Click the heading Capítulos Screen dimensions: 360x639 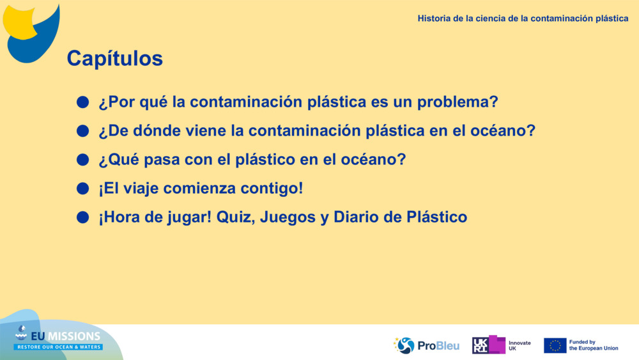tap(114, 59)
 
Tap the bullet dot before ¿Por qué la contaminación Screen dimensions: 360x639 tap(82, 102)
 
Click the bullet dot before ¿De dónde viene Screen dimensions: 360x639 tap(82, 131)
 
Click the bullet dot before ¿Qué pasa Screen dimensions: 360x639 tap(82, 160)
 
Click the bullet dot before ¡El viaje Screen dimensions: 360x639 tap(82, 189)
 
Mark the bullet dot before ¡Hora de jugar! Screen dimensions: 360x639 tap(82, 217)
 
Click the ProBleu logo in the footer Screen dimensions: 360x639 tap(426, 345)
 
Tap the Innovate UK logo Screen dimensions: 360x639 tap(501, 345)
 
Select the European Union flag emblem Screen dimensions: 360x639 tap(555, 345)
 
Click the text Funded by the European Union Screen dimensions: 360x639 tap(594, 345)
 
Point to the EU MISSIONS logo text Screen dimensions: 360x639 tap(59, 337)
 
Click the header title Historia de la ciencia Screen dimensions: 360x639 tap(523, 19)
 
